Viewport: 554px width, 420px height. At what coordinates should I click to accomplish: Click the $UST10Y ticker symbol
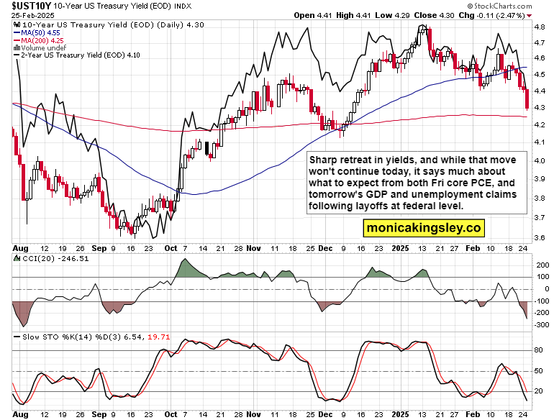[25, 6]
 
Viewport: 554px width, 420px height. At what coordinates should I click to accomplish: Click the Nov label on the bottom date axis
[253, 415]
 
